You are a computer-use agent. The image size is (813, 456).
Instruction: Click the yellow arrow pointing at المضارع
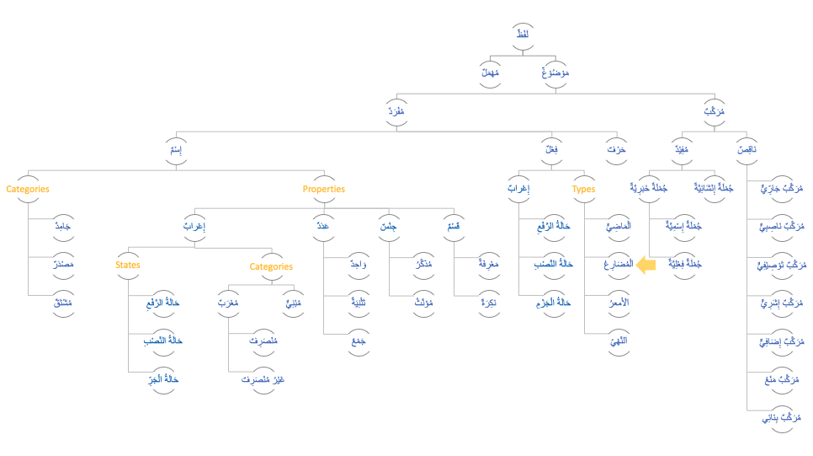[x=646, y=266]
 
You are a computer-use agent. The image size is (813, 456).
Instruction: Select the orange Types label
[x=583, y=190]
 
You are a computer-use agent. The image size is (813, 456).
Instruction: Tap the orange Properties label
[x=324, y=190]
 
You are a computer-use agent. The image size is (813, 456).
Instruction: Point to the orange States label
[x=128, y=266]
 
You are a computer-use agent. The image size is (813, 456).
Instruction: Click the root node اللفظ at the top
[x=522, y=34]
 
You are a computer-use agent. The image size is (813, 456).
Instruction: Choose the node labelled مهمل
[x=490, y=72]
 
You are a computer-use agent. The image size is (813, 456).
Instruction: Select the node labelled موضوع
[x=555, y=72]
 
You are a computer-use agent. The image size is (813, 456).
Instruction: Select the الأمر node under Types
[x=617, y=302]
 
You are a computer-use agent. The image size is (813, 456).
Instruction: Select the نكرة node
[x=486, y=302]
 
